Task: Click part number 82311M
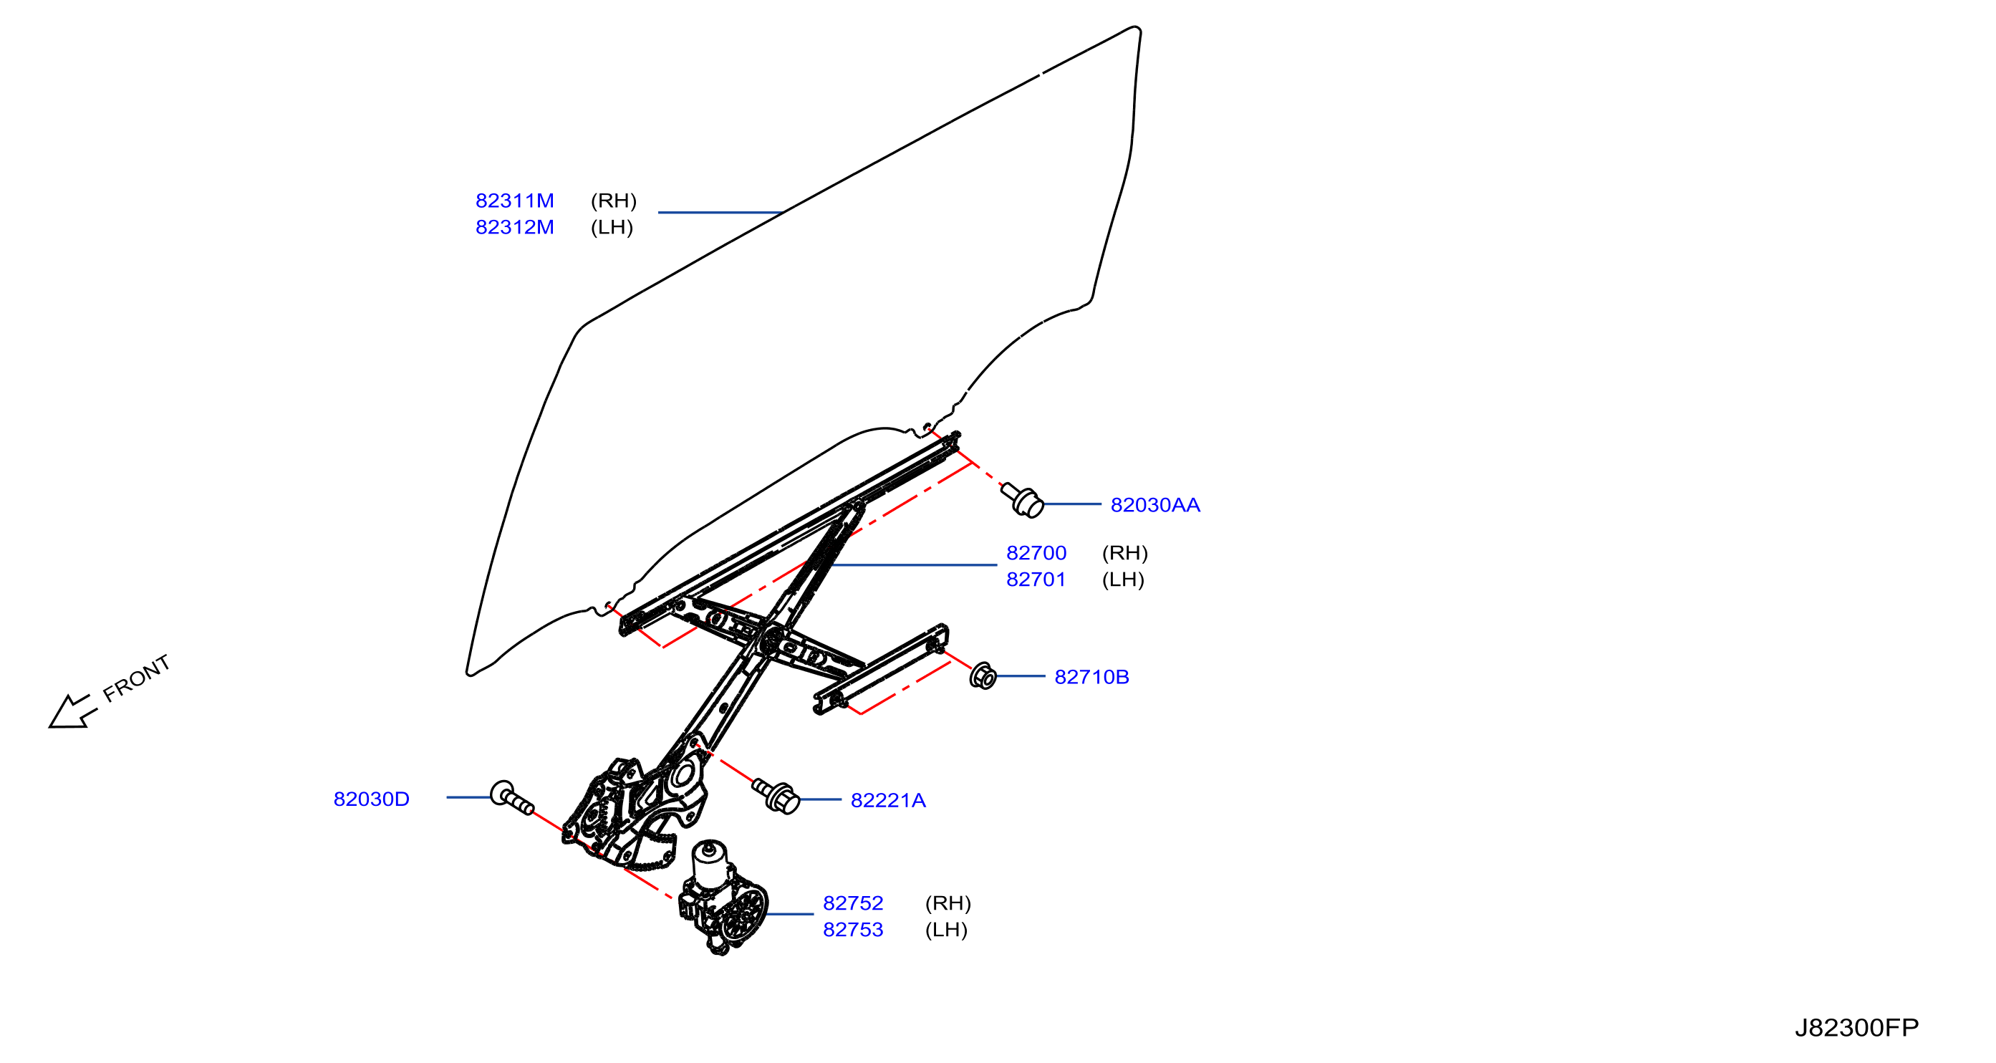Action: [514, 201]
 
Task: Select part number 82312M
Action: [514, 227]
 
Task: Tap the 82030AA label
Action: [1154, 505]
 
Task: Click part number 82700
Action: [1036, 553]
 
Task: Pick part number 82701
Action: [1036, 579]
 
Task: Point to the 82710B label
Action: [1091, 677]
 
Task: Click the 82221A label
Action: [888, 800]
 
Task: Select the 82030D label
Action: [371, 799]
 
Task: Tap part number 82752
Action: [852, 903]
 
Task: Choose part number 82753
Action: [852, 930]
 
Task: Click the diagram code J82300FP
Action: [1856, 1027]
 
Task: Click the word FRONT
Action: [136, 679]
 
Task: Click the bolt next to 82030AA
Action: [1022, 500]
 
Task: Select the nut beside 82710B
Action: [983, 676]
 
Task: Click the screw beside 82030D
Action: [511, 798]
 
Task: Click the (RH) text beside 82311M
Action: [613, 201]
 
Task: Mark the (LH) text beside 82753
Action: [946, 930]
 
